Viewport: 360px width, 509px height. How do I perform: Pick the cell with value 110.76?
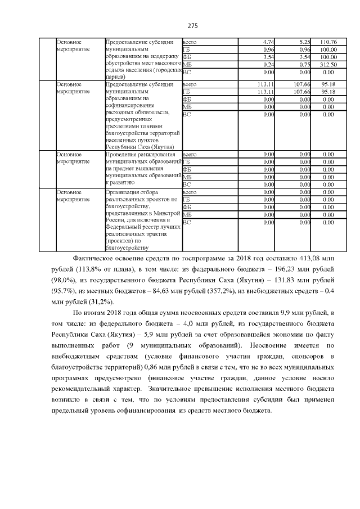327,42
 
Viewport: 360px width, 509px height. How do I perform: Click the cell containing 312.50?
327,64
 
